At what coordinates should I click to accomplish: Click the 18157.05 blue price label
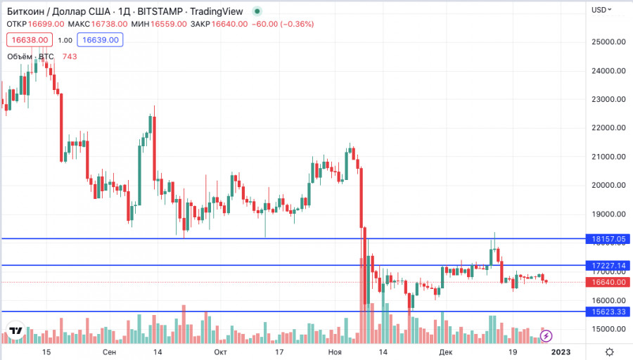[x=608, y=239]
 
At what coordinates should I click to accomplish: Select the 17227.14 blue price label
[x=608, y=266]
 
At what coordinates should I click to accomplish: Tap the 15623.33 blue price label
[x=608, y=311]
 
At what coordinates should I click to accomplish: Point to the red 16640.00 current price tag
[x=608, y=282]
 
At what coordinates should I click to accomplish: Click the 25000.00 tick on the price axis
[x=608, y=41]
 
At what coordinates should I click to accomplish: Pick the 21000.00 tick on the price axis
[x=608, y=157]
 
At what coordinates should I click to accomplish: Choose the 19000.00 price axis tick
[x=608, y=214]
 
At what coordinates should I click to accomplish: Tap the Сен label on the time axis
[x=110, y=351]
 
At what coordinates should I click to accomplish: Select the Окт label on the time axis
[x=220, y=351]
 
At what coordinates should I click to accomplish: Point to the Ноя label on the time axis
[x=335, y=351]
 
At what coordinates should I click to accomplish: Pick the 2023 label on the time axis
[x=561, y=351]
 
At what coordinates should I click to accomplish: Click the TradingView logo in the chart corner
[x=15, y=330]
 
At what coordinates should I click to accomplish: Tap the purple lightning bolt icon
[x=546, y=337]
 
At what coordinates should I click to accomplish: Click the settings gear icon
[x=609, y=351]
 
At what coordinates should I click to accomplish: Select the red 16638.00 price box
[x=29, y=40]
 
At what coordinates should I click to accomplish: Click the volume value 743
[x=70, y=56]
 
